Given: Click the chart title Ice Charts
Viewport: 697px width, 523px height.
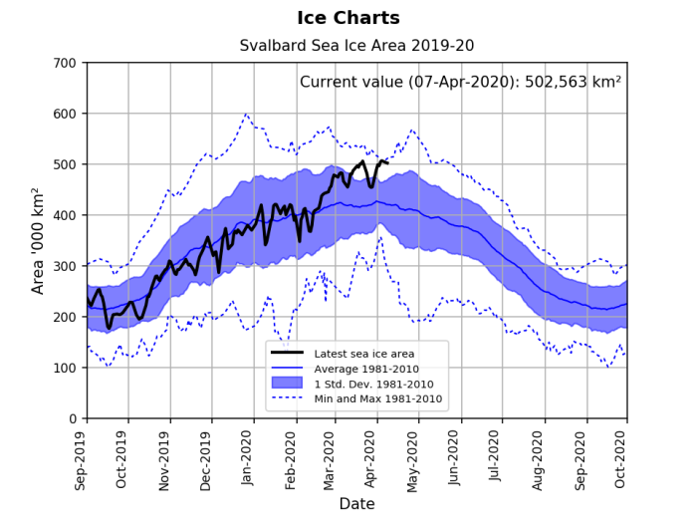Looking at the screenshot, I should (348, 18).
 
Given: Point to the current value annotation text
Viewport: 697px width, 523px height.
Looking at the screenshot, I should (460, 82).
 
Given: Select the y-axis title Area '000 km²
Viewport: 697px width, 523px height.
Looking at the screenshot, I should (39, 240).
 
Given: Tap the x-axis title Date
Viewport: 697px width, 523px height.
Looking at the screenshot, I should (356, 504).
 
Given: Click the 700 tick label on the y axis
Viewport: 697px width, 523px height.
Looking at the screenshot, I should (66, 63).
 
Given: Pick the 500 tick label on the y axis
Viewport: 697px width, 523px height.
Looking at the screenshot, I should (66, 164).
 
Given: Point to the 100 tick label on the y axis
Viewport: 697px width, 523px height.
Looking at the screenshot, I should (66, 368).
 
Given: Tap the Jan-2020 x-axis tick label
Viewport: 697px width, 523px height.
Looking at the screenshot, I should (254, 457).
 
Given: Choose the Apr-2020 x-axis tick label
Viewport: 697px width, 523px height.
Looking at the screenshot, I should (376, 457).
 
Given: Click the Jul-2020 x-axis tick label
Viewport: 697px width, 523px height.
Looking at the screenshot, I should (500, 457).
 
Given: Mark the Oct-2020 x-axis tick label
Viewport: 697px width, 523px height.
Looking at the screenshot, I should (625, 457).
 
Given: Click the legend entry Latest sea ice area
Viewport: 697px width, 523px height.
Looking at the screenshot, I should (364, 354).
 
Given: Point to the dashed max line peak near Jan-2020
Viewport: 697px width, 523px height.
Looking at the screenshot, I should (246, 114).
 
